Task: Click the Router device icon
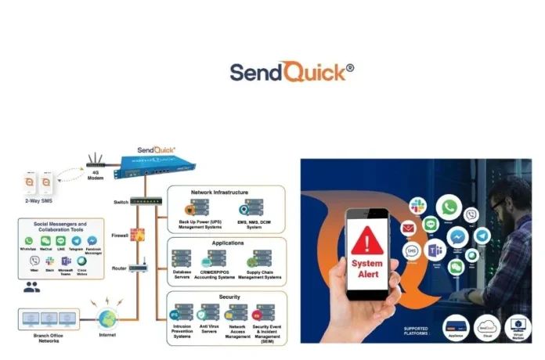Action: [139, 268]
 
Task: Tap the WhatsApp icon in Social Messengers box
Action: [30, 242]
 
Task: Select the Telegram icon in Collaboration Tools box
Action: [76, 242]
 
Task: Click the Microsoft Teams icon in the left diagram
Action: [67, 261]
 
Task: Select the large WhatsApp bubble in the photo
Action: [449, 207]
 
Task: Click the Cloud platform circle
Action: [486, 326]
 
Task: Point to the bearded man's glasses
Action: [501, 205]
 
